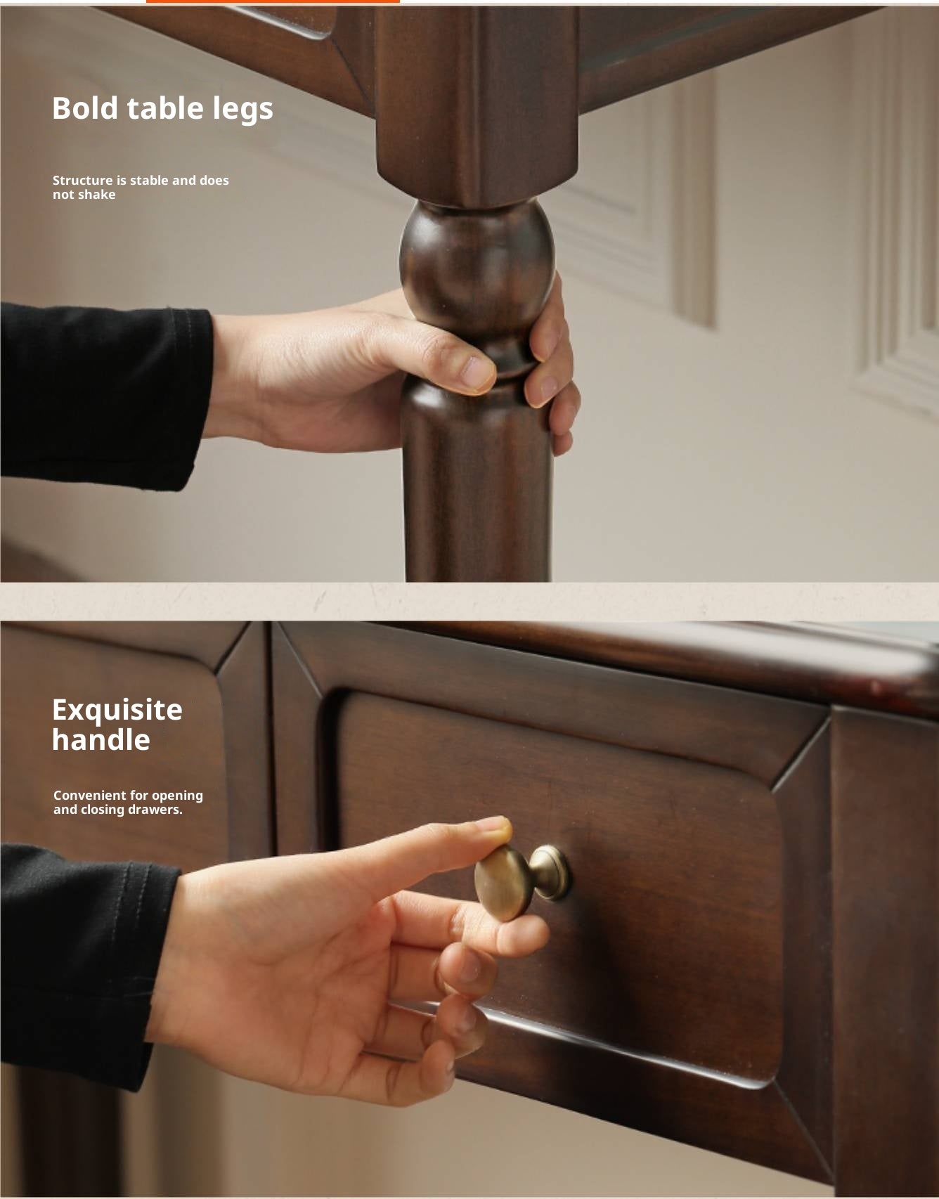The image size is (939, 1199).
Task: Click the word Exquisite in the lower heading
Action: tap(117, 710)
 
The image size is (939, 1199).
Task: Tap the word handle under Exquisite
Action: tap(101, 739)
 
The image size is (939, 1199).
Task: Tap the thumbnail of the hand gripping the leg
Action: tap(478, 373)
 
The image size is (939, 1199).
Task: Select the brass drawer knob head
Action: tap(503, 882)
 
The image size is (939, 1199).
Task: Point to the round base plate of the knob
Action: tap(550, 873)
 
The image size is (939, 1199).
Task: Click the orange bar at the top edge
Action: tap(273, 1)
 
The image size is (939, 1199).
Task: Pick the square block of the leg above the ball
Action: tap(478, 105)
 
